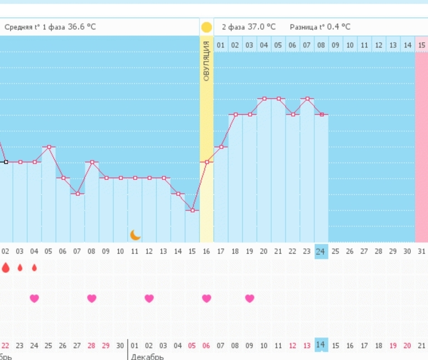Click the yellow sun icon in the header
pyautogui.click(x=207, y=27)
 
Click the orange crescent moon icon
pyautogui.click(x=135, y=235)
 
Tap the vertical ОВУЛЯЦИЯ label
pyautogui.click(x=206, y=61)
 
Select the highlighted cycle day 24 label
pyautogui.click(x=321, y=251)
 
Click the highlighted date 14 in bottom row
pyautogui.click(x=321, y=345)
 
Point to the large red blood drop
pyautogui.click(x=6, y=268)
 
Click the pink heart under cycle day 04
pyautogui.click(x=34, y=298)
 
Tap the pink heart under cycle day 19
pyautogui.click(x=250, y=298)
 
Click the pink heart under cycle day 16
pyautogui.click(x=207, y=298)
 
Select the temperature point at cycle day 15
pyautogui.click(x=192, y=210)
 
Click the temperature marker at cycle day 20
pyautogui.click(x=264, y=98)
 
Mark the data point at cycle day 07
pyautogui.click(x=77, y=193)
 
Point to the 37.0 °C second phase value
pyautogui.click(x=261, y=27)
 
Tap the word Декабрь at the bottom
pyautogui.click(x=147, y=357)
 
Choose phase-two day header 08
pyautogui.click(x=321, y=45)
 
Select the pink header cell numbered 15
pyautogui.click(x=422, y=45)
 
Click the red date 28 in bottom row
pyautogui.click(x=92, y=346)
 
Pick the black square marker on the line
pyautogui.click(x=6, y=162)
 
